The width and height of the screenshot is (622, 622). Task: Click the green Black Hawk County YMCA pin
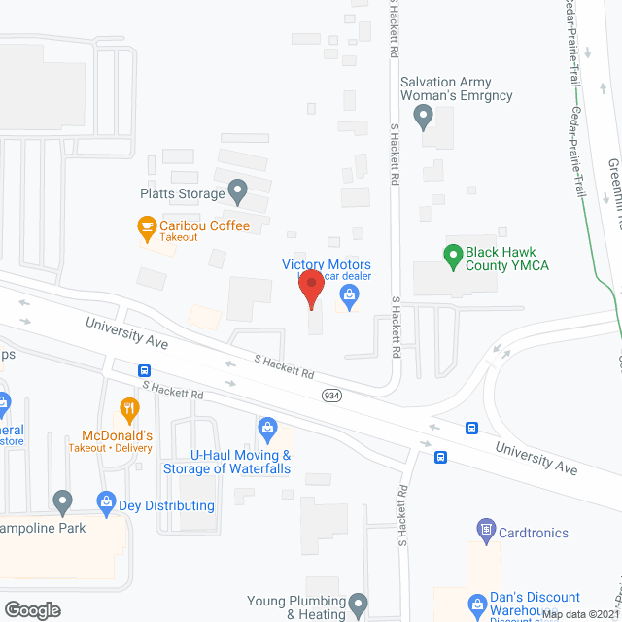tap(452, 257)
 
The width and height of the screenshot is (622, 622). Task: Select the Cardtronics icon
tap(485, 530)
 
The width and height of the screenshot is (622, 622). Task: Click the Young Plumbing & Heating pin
tap(359, 605)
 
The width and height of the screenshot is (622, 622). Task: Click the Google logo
tap(32, 609)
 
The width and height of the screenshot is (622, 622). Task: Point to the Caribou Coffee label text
tap(205, 226)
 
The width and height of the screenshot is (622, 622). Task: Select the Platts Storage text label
tap(182, 193)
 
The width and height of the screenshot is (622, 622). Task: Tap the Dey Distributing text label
tap(166, 505)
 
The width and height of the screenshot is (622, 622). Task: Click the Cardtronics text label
tap(534, 533)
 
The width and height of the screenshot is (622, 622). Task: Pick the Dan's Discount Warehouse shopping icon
tap(476, 605)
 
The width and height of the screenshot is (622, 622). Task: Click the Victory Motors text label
tap(326, 264)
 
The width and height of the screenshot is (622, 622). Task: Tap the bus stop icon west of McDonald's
tap(145, 370)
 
